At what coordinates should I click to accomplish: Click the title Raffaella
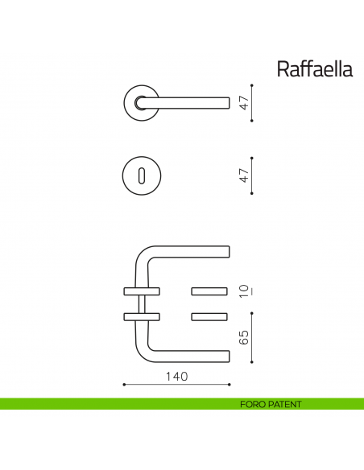click(x=315, y=69)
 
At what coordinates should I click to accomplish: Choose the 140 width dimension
click(x=176, y=377)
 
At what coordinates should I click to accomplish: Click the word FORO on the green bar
click(x=253, y=404)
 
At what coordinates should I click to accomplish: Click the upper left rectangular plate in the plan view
click(x=140, y=290)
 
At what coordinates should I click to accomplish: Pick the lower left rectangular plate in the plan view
click(x=140, y=315)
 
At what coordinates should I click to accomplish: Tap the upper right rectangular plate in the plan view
click(x=211, y=290)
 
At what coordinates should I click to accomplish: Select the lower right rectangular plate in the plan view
click(x=211, y=315)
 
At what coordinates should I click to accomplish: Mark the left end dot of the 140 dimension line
click(x=123, y=385)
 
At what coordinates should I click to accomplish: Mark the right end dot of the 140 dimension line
click(x=230, y=385)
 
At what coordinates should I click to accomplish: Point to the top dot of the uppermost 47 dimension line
click(x=253, y=85)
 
